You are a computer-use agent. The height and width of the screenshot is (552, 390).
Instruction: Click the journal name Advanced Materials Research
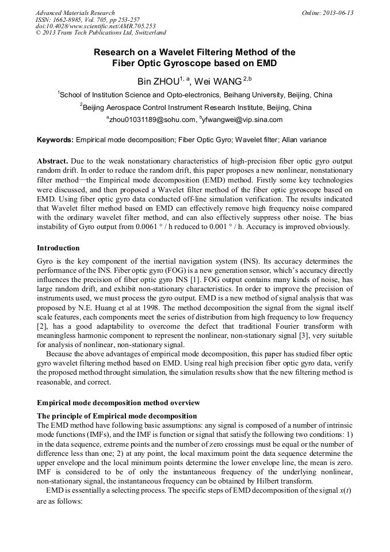tap(75, 13)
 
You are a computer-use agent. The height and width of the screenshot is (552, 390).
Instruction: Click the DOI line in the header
tap(95, 26)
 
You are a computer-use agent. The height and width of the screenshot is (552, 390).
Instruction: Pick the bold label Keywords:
tap(55, 140)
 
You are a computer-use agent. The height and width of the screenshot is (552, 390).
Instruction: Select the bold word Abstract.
tap(52, 160)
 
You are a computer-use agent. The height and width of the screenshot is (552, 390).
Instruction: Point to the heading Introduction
tap(58, 248)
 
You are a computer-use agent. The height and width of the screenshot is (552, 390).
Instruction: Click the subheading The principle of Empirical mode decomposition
tap(117, 416)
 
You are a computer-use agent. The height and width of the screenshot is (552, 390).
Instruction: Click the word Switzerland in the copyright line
tap(147, 33)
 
